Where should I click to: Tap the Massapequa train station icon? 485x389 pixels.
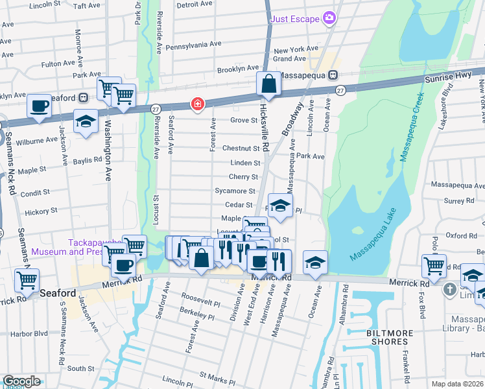point(332,75)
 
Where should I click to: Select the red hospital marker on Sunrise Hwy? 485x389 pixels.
point(196,104)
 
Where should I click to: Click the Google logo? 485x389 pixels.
point(21,381)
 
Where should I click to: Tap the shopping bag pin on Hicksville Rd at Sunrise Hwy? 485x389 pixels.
point(268,84)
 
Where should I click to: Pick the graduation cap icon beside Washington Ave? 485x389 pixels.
point(86,121)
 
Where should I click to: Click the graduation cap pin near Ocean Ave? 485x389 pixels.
point(315,262)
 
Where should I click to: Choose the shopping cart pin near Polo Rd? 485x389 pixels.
point(434,265)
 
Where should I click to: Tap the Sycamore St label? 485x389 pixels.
point(235,191)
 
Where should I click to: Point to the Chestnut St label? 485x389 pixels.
point(241,148)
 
